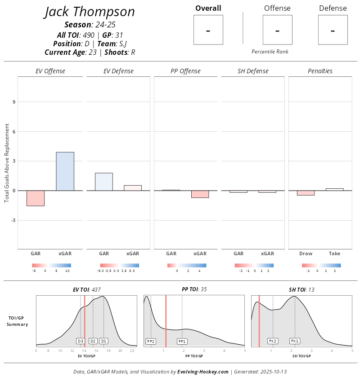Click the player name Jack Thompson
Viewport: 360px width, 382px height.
click(x=90, y=12)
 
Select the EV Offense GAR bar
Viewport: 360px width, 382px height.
click(x=36, y=198)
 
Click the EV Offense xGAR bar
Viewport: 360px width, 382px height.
click(x=65, y=171)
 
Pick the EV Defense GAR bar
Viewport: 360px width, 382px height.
click(x=104, y=182)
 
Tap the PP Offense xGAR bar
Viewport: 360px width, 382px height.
click(x=200, y=194)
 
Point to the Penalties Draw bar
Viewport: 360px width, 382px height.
click(x=306, y=193)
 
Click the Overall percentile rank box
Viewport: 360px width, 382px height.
click(x=208, y=30)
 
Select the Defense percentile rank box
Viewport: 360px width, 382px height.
click(x=333, y=30)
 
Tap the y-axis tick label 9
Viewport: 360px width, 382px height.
click(x=14, y=102)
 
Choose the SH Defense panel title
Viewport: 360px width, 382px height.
click(x=253, y=71)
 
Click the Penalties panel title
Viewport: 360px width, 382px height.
click(x=320, y=71)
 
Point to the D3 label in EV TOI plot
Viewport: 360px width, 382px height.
click(x=81, y=341)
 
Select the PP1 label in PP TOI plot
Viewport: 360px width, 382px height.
click(x=182, y=342)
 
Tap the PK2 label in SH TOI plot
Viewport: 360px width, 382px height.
click(x=273, y=341)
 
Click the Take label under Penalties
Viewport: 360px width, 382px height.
click(x=334, y=254)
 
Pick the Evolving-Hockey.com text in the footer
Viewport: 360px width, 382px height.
click(x=203, y=372)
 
